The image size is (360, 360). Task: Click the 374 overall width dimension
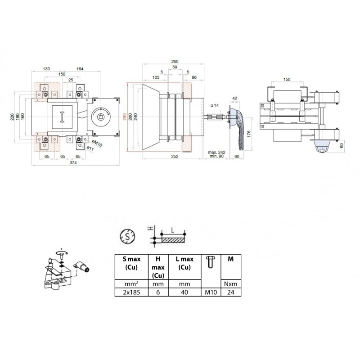tap(72, 163)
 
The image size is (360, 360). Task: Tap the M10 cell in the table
tap(211, 292)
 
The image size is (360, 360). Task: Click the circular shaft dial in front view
tap(102, 117)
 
